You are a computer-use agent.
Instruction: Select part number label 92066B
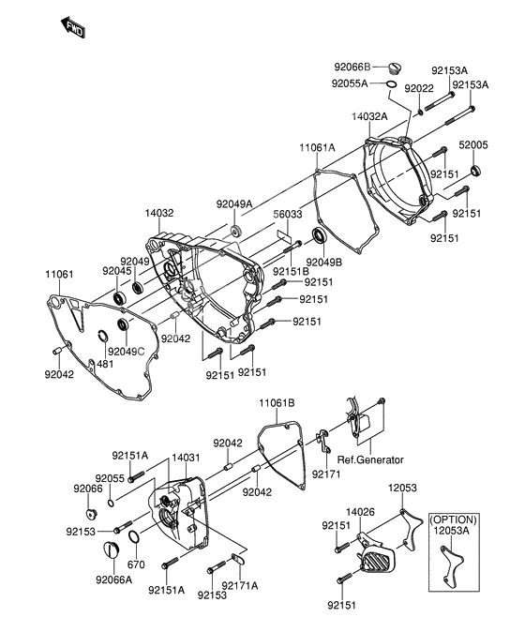pos(353,67)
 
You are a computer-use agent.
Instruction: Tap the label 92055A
pos(352,83)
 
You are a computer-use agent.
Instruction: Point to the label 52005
pos(473,145)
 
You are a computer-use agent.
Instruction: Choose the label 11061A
pos(319,148)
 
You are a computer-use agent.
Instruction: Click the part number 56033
pos(288,215)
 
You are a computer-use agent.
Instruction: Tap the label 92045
pos(119,271)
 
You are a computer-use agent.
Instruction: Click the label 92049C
pos(126,352)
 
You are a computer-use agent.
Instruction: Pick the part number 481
pos(105,363)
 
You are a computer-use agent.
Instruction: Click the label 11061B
pos(277,403)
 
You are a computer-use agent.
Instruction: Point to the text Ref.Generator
pos(371,459)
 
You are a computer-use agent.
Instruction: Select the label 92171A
pos(240,586)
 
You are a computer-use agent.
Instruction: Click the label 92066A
pos(113,580)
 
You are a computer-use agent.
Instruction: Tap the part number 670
pos(136,565)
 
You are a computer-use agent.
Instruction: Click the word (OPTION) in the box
pos(453,519)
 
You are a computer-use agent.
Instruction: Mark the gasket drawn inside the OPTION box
pos(454,566)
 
